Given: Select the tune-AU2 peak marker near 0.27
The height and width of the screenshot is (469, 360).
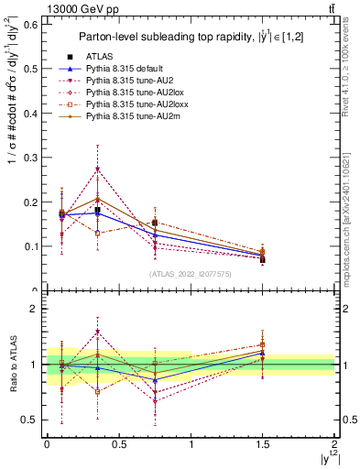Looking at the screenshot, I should [97, 169].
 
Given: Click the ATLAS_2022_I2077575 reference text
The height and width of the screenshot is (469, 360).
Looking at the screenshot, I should [191, 273].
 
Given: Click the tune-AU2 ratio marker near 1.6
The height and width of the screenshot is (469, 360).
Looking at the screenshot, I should [97, 332].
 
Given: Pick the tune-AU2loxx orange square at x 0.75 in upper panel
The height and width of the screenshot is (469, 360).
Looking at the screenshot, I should [155, 223].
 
